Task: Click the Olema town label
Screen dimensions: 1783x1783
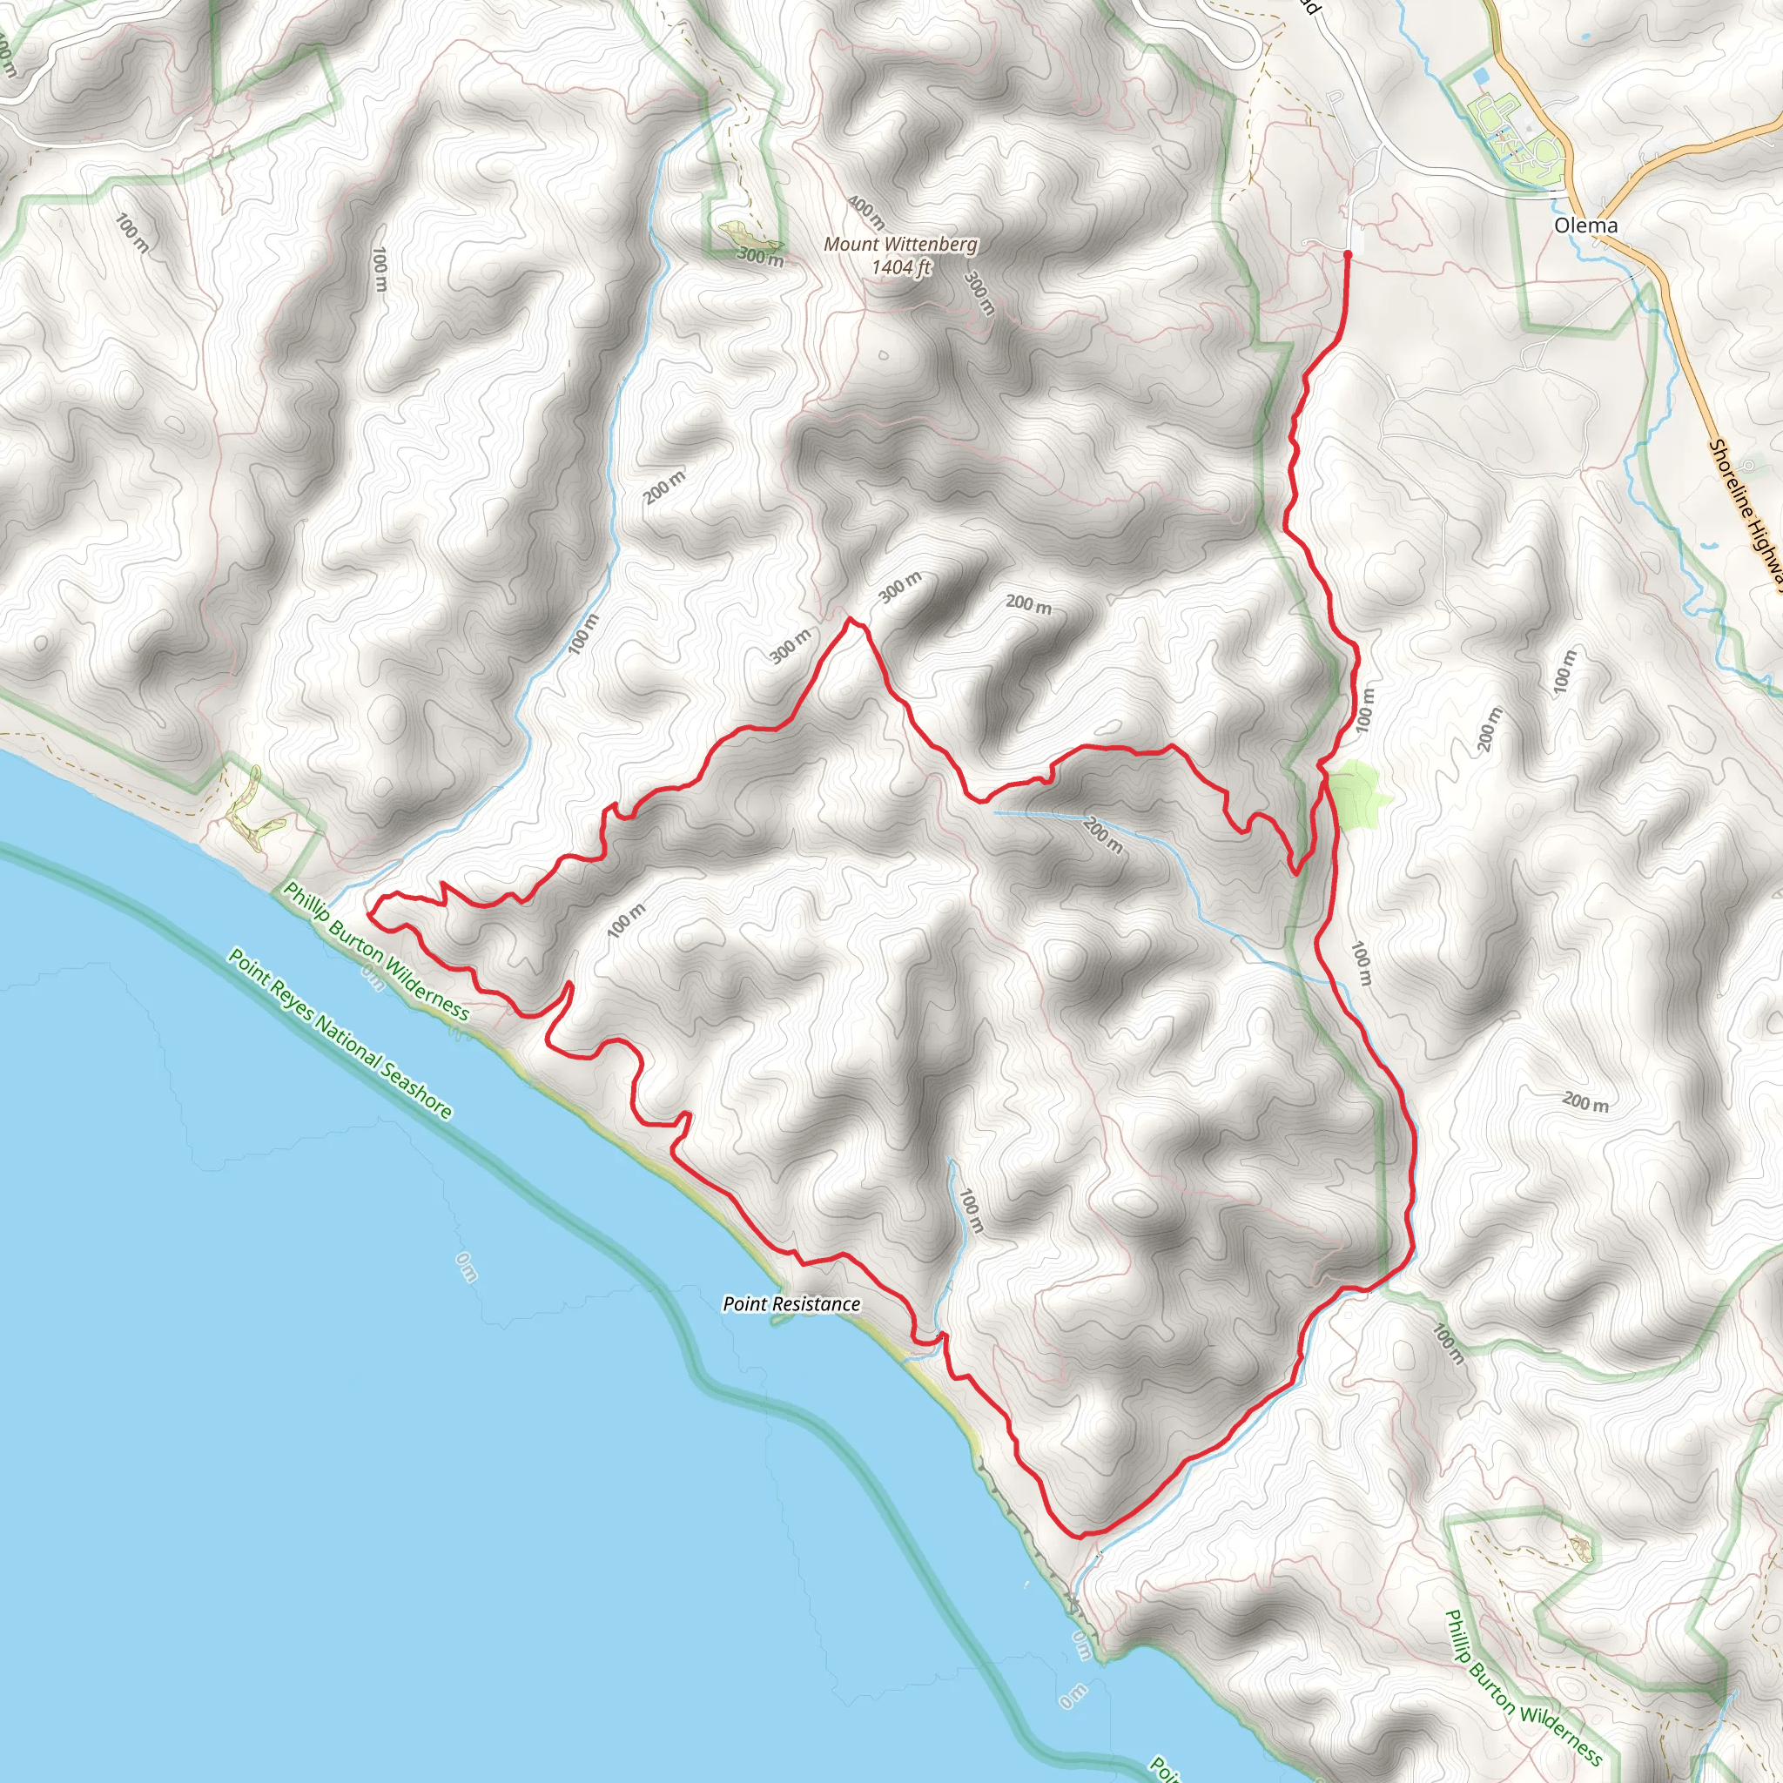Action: [x=1585, y=225]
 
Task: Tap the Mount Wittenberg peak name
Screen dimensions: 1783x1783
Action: [x=900, y=245]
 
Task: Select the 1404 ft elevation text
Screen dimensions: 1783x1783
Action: [x=901, y=267]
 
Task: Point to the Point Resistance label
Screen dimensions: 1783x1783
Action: [x=791, y=1303]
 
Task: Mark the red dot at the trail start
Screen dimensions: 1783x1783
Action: [x=1348, y=254]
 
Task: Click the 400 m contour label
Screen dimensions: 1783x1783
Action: [x=865, y=212]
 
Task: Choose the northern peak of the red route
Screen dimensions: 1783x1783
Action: [x=850, y=621]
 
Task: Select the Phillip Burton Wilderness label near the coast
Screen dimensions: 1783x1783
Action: [x=376, y=951]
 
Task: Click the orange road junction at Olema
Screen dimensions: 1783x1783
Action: [x=1604, y=235]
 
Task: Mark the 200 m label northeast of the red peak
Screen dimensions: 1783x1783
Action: [x=1028, y=604]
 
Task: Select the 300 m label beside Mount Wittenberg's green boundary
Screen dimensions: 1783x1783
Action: [x=760, y=257]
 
